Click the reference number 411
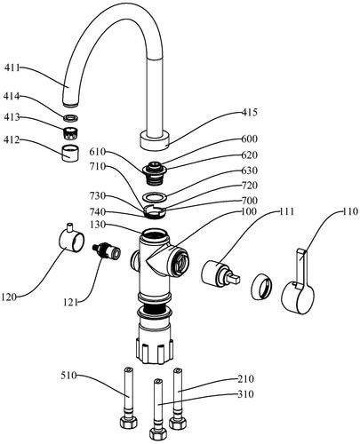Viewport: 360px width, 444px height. (12, 67)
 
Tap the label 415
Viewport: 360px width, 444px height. (249, 112)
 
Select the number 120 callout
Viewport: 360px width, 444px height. (9, 297)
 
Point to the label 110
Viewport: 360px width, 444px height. (350, 211)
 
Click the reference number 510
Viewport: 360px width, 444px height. (68, 376)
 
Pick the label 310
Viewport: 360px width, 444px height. (245, 394)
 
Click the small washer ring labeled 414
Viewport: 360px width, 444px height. (71, 118)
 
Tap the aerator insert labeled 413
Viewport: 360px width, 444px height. (71, 132)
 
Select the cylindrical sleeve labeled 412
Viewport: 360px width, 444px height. (70, 153)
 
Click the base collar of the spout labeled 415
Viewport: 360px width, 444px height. (155, 140)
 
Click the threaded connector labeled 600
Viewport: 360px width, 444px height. (155, 173)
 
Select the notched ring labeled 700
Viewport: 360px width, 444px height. (155, 211)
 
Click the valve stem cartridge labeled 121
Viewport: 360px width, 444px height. (107, 251)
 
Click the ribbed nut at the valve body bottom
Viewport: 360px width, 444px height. (155, 351)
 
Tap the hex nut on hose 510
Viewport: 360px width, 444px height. (129, 422)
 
